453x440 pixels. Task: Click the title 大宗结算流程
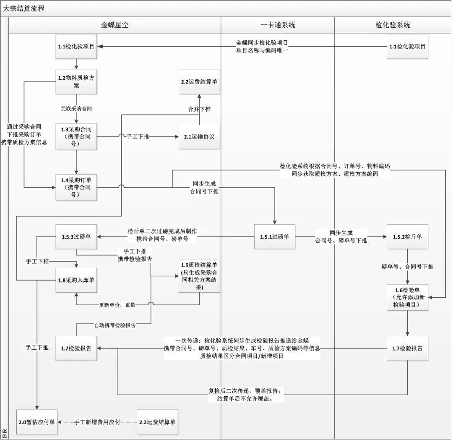click(24, 8)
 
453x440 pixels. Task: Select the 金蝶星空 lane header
click(115, 25)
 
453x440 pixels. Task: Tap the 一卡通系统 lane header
click(278, 25)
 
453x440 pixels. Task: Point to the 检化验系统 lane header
click(393, 25)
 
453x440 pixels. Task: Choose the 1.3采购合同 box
click(77, 136)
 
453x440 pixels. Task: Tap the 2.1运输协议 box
click(199, 136)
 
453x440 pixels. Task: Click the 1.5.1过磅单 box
click(275, 237)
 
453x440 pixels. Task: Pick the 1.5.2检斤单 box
click(407, 237)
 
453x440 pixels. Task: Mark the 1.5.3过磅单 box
click(77, 237)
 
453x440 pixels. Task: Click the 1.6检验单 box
click(407, 297)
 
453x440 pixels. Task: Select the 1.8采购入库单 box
click(77, 280)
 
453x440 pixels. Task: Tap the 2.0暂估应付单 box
click(37, 422)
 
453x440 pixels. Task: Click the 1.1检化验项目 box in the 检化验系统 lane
click(407, 46)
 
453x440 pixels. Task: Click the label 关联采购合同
click(76, 108)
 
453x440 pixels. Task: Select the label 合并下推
click(199, 109)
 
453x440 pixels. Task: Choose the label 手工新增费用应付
click(97, 422)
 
